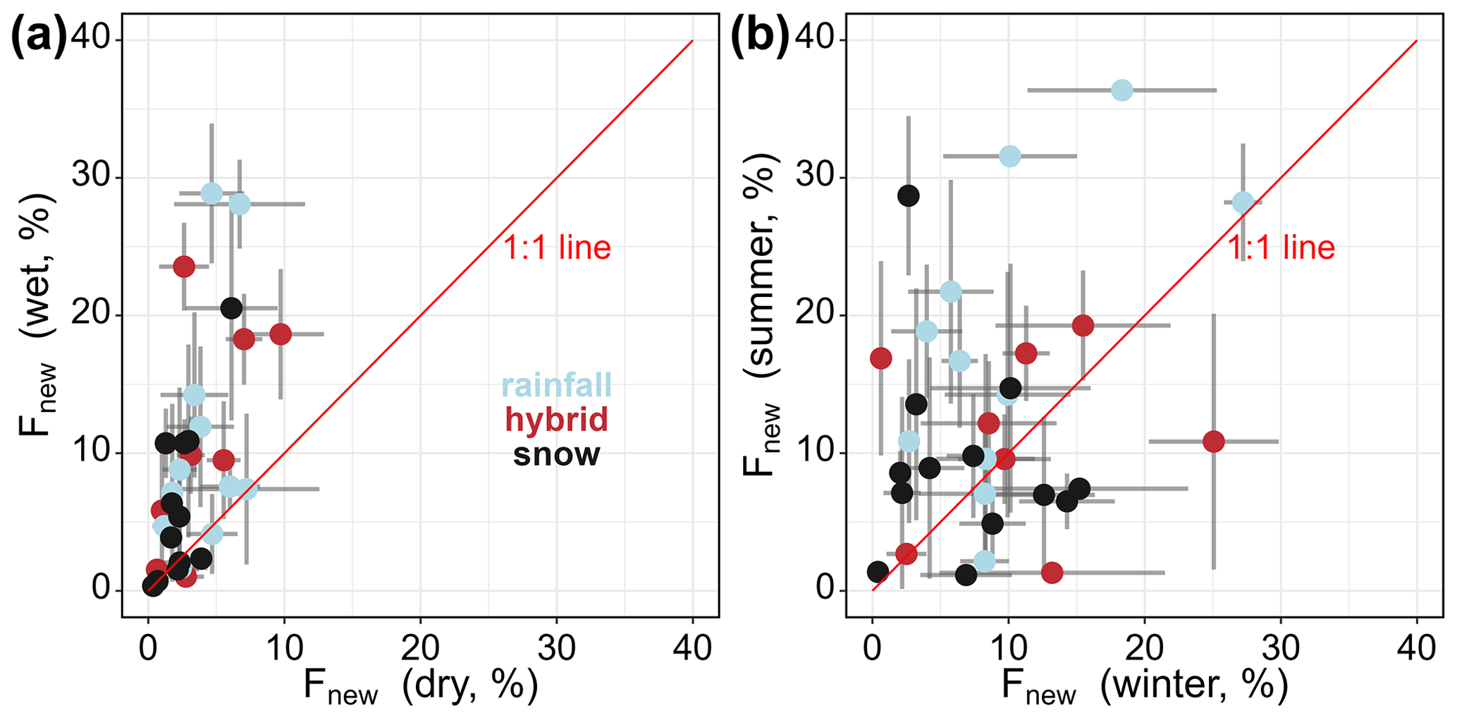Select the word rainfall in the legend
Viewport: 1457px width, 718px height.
coord(556,386)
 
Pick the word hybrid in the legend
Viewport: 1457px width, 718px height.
coord(556,420)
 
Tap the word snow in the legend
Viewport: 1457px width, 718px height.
coord(556,455)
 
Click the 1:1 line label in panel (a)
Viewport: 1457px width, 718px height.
coord(557,248)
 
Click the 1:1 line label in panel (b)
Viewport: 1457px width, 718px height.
coord(1281,248)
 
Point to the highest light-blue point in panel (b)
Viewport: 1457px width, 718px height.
coord(1121,90)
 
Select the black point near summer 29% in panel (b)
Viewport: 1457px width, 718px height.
coord(909,195)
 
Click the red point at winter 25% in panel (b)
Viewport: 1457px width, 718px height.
coord(1213,442)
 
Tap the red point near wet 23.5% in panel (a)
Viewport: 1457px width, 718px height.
coord(184,267)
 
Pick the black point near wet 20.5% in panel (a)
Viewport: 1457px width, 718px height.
coord(231,308)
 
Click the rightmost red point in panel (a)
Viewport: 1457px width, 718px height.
coord(280,334)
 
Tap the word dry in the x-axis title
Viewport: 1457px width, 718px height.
coord(433,685)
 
